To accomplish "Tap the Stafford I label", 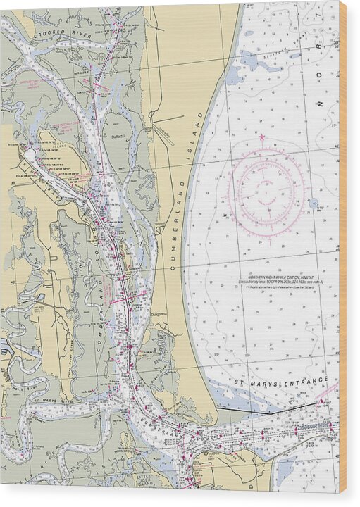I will tap(117, 136).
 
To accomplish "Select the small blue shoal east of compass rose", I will tap(313, 204).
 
